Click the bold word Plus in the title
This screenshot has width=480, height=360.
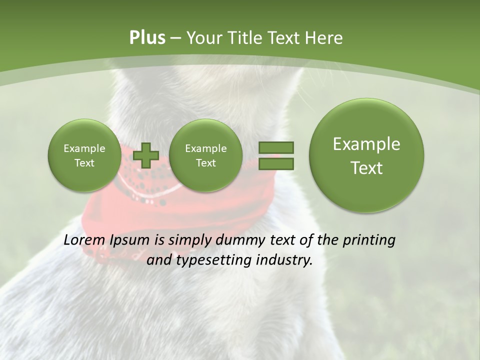tap(147, 37)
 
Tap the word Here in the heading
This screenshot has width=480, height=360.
tap(325, 37)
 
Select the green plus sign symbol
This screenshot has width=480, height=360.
tap(146, 155)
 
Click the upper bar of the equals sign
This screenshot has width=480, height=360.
tap(276, 148)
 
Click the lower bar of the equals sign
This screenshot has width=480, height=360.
tap(276, 163)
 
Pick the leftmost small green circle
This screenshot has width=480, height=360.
tap(84, 155)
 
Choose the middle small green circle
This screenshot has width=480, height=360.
tap(205, 155)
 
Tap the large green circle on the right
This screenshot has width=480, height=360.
tap(366, 155)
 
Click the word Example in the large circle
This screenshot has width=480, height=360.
tap(366, 144)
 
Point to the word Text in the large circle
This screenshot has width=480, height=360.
tap(366, 168)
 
